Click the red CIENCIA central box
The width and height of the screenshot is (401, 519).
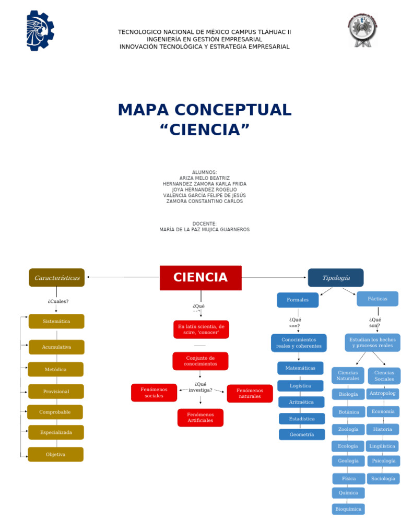coord(200,278)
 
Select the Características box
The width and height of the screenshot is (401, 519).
coord(56,278)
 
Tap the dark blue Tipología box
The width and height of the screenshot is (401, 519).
coord(336,278)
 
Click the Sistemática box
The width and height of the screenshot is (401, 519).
coord(56,321)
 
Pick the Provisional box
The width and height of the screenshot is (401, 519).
coord(56,392)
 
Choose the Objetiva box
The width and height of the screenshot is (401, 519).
coord(55,454)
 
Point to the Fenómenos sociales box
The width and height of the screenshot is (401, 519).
coord(154,393)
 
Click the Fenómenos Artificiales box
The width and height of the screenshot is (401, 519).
coord(200,418)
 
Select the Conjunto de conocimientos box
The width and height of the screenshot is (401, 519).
coord(200,361)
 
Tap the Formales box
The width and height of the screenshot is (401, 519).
coord(298,300)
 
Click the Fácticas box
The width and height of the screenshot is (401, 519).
coord(378,299)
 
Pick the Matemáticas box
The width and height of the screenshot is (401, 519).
coord(300,368)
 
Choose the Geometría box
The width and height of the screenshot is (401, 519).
coord(302,434)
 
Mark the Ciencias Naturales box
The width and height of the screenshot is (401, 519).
coord(348,375)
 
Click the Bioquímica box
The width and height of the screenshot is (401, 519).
coord(348,509)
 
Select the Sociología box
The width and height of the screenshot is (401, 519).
coord(383,478)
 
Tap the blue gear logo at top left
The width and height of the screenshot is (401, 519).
coord(40,30)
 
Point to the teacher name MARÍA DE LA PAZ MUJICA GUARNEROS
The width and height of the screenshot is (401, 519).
coord(204,230)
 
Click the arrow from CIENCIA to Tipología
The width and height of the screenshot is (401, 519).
coord(274,277)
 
